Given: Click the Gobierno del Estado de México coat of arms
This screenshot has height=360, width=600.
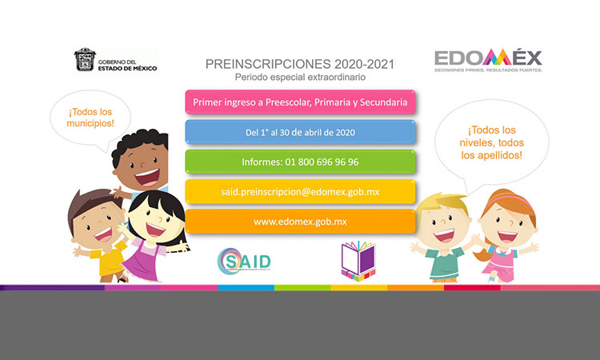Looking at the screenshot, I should click(85, 60).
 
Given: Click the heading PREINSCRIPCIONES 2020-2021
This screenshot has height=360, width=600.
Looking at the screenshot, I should click(300, 62).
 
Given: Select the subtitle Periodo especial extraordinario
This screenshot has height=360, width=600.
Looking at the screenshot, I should click(300, 77).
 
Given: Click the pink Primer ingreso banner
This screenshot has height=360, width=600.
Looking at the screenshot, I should click(300, 102).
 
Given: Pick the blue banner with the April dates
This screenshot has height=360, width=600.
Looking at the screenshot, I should click(300, 132).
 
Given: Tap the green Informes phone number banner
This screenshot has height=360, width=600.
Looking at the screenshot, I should click(300, 162).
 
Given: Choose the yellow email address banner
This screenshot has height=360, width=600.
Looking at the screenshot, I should click(300, 191).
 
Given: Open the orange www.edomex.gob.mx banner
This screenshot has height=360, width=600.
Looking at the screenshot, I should click(300, 221).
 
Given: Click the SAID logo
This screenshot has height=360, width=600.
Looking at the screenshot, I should click(244, 261).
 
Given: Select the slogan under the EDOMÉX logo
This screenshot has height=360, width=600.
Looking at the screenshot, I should click(488, 70).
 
